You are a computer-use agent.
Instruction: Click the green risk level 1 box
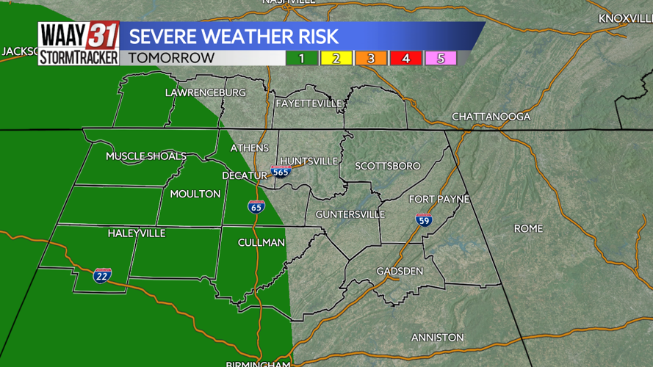point(301,58)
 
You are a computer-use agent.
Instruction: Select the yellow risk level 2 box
point(336,58)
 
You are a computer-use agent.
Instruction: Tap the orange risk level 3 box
point(371,58)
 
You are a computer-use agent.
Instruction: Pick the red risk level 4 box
point(406,58)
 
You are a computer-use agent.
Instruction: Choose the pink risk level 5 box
point(441,58)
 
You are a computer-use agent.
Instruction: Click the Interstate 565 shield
point(281,172)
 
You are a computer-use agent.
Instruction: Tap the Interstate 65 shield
point(256,206)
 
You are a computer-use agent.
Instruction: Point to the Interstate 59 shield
point(424,219)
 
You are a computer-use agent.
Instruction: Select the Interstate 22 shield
point(103,275)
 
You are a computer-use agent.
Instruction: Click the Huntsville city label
point(309,161)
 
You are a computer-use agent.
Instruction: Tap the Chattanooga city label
point(491,117)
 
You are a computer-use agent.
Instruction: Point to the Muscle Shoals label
point(145,156)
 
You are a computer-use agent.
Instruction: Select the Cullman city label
point(261,242)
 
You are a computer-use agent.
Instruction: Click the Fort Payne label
point(439,199)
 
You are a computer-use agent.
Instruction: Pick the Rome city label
point(528,228)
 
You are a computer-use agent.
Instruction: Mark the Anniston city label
point(437,337)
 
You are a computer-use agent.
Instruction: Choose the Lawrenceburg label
point(205,92)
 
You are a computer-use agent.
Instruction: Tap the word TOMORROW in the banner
point(171,58)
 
